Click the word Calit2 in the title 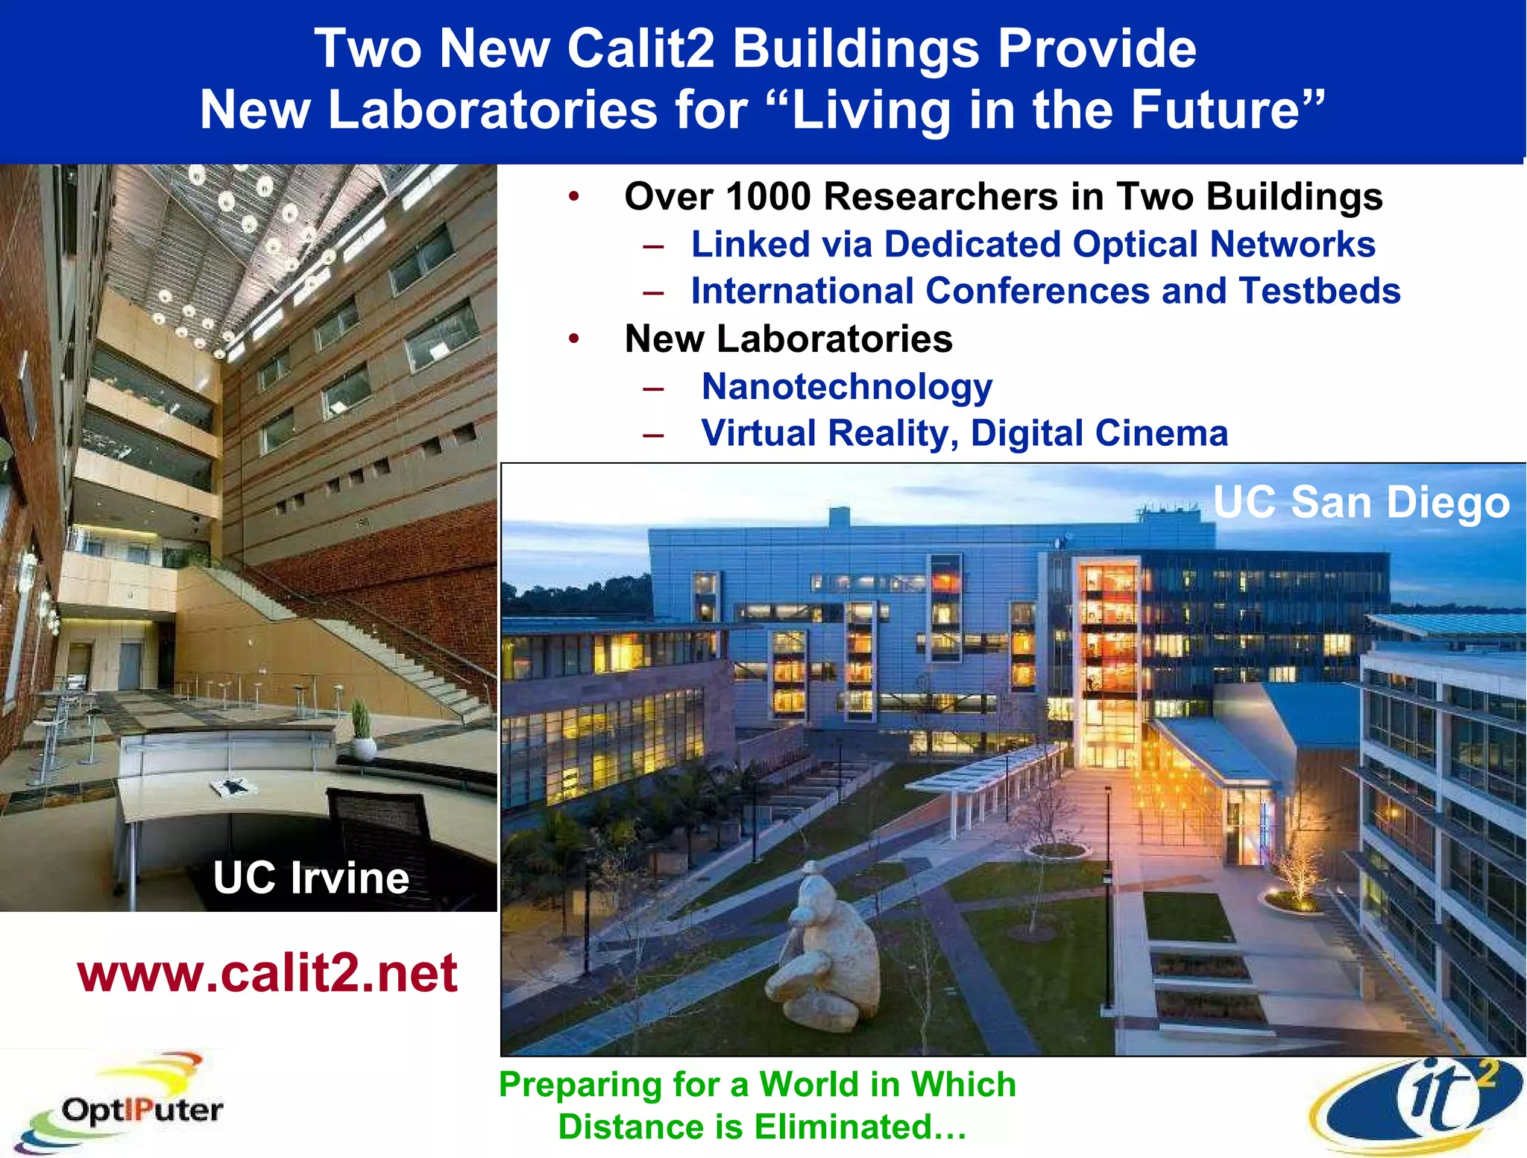click(x=640, y=49)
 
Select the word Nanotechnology click(x=846, y=387)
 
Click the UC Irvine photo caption click(x=311, y=877)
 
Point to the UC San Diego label click(x=1361, y=502)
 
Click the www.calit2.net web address click(x=267, y=973)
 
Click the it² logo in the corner click(x=1417, y=1105)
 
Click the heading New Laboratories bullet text click(x=788, y=339)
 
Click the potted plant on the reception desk click(x=362, y=731)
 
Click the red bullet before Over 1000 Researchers click(x=573, y=197)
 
